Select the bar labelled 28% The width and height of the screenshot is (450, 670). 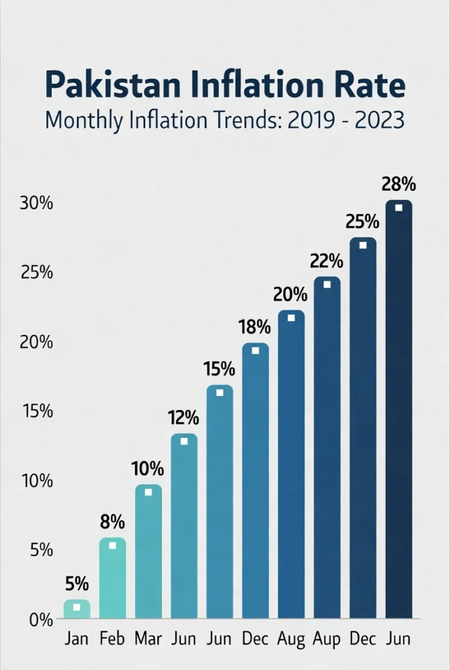(x=398, y=409)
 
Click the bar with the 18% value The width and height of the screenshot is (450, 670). (x=255, y=481)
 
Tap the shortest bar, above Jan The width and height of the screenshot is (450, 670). (x=77, y=608)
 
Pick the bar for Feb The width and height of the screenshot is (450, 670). (x=112, y=578)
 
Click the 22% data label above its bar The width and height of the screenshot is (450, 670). (x=327, y=262)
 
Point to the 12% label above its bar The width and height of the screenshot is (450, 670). (x=184, y=417)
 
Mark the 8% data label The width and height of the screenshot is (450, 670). (x=112, y=522)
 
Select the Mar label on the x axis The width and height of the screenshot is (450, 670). (x=148, y=638)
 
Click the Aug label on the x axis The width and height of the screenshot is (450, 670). (x=291, y=638)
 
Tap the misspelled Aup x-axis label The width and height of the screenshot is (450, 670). (x=327, y=638)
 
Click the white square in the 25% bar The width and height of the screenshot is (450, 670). (x=363, y=245)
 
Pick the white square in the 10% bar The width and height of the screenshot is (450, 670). (x=148, y=492)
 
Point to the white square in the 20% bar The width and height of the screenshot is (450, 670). (x=291, y=318)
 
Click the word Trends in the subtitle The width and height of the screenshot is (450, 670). (x=244, y=122)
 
